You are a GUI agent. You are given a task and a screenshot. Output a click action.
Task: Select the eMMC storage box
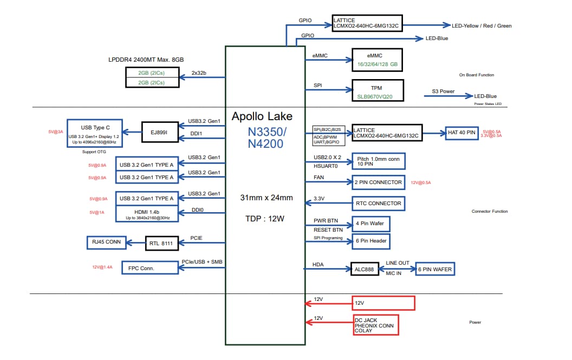(x=377, y=60)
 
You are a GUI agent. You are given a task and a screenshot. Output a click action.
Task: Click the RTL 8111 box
(x=161, y=244)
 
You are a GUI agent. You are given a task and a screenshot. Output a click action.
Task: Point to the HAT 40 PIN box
(x=462, y=132)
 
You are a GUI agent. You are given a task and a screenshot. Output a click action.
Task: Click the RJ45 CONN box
(x=106, y=242)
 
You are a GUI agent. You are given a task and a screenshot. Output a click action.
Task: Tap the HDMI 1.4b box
(x=147, y=213)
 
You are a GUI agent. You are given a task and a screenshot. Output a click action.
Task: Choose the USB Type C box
(x=95, y=132)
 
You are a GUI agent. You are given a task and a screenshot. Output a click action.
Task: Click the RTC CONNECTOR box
(x=378, y=204)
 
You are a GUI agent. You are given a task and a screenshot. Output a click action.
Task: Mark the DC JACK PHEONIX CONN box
(x=376, y=325)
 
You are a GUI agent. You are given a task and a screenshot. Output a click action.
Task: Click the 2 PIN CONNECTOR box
(x=378, y=182)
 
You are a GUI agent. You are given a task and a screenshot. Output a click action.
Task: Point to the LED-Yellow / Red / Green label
(x=482, y=25)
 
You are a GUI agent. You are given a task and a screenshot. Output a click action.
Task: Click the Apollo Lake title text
(x=262, y=116)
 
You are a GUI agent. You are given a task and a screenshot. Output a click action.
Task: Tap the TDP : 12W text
(x=265, y=219)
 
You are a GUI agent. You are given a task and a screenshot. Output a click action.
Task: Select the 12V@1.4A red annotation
(x=102, y=267)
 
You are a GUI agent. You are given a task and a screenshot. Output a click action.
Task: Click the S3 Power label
(x=443, y=91)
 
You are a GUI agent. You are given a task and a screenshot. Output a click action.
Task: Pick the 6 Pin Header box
(x=371, y=241)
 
